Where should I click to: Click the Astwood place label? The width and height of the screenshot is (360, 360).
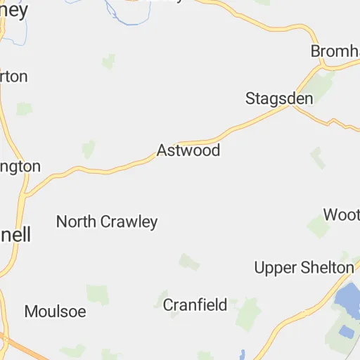pyautogui.click(x=188, y=150)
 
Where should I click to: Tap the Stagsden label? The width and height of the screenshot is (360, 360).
pyautogui.click(x=279, y=98)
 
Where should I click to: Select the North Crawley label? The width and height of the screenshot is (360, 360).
pyautogui.click(x=107, y=222)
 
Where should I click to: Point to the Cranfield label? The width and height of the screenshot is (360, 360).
pyautogui.click(x=195, y=304)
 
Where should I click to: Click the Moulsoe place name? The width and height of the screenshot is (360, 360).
pyautogui.click(x=55, y=311)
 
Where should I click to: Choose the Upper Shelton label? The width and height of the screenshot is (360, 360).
pyautogui.click(x=304, y=267)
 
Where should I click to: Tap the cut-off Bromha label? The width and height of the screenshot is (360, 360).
pyautogui.click(x=335, y=52)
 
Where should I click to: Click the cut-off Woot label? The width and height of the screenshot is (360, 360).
pyautogui.click(x=341, y=214)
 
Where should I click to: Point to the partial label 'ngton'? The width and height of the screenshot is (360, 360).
pyautogui.click(x=20, y=167)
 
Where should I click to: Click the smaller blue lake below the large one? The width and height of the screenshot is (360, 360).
pyautogui.click(x=347, y=331)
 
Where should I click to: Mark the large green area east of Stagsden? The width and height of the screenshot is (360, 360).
pyautogui.click(x=320, y=86)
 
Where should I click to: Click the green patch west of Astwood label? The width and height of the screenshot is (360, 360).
pyautogui.click(x=89, y=149)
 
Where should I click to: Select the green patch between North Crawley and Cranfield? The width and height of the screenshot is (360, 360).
pyautogui.click(x=188, y=262)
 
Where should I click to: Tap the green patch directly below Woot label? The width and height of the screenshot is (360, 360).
pyautogui.click(x=319, y=226)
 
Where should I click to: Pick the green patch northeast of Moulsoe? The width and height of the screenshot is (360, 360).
pyautogui.click(x=98, y=295)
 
